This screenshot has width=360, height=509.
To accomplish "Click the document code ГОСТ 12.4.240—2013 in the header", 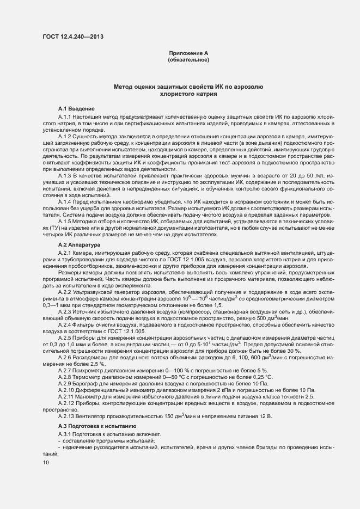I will (x=72, y=37).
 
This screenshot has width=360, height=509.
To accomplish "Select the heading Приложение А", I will (x=188, y=53).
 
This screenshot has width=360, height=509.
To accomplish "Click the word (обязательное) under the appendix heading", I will (x=188, y=59).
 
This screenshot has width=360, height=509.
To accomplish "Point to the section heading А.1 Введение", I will (x=77, y=109).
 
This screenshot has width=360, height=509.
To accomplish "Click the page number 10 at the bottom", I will (x=46, y=462).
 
